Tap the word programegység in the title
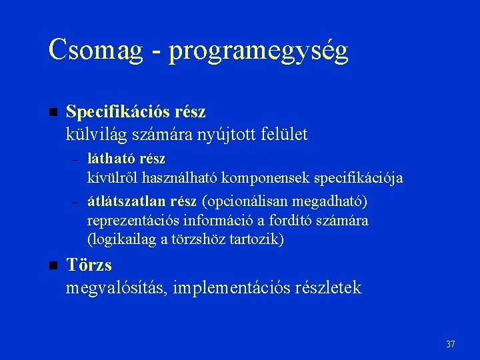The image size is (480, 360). point(259,51)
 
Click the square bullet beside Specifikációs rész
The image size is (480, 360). point(54,111)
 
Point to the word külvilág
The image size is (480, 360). point(98,135)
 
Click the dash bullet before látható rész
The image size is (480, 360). point(75,160)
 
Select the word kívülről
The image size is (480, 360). point(111,178)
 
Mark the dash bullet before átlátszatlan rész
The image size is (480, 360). point(75,202)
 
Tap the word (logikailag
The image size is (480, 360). point(119,239)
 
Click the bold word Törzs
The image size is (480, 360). point(89,265)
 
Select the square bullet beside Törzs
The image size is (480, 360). point(54,265)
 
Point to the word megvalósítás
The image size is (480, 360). point(117,288)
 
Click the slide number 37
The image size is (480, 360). point(450,344)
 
